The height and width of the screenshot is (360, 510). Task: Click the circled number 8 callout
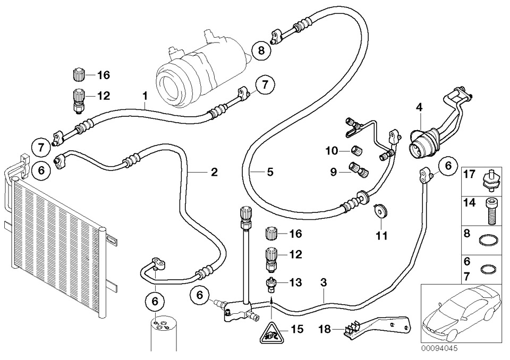coord(261,50)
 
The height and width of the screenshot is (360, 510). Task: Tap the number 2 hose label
coord(214,172)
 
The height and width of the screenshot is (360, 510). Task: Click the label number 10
coord(331,151)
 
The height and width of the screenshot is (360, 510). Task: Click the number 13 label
coord(296,283)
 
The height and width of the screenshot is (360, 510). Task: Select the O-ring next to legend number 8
coord(489,240)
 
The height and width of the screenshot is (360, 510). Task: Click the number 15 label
coord(296,329)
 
